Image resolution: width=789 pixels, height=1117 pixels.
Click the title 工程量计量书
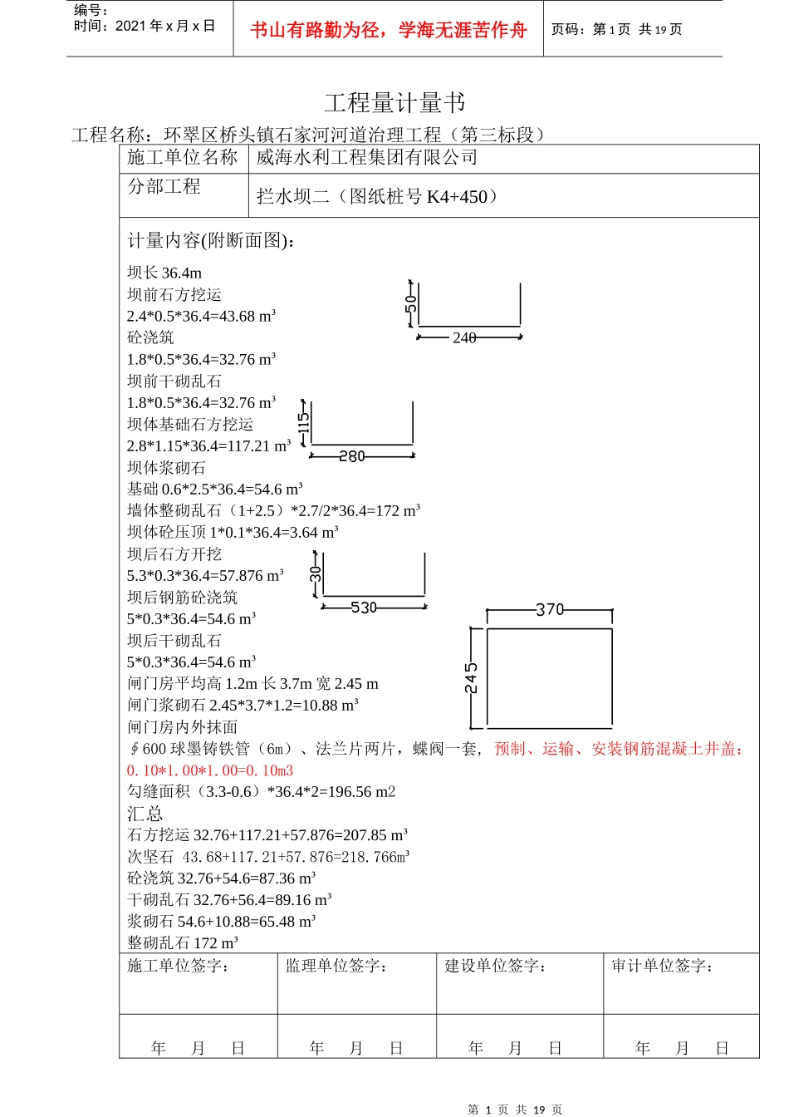pos(394,103)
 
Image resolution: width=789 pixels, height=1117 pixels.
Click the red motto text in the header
pos(389,31)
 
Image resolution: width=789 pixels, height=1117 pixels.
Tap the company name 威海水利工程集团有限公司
pos(367,158)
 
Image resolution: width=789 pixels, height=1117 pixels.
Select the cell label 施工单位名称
pos(183,158)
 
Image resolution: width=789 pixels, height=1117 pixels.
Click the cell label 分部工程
pos(164,186)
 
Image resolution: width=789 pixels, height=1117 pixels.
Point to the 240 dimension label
pos(464,337)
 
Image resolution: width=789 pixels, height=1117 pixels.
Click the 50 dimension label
pos(410,303)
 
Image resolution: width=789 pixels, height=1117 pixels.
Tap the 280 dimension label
pos(352,456)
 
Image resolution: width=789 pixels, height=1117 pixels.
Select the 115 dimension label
pos(304,426)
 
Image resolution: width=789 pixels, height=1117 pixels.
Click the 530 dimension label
pos(364,608)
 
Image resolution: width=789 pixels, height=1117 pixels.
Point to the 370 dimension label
pos(550,610)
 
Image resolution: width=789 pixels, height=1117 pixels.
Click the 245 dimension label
pos(471,678)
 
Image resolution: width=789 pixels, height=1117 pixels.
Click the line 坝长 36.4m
pos(164,273)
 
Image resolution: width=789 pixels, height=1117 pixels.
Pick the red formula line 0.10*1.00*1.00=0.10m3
pos(210,770)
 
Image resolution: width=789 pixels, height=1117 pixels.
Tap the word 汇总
pos(145,814)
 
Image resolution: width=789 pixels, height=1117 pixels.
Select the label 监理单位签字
pos(336,966)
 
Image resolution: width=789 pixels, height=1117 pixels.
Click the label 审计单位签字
pos(662,966)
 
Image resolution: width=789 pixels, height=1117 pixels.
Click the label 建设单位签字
pos(496,966)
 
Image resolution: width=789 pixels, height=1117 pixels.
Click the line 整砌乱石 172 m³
pos(183,942)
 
